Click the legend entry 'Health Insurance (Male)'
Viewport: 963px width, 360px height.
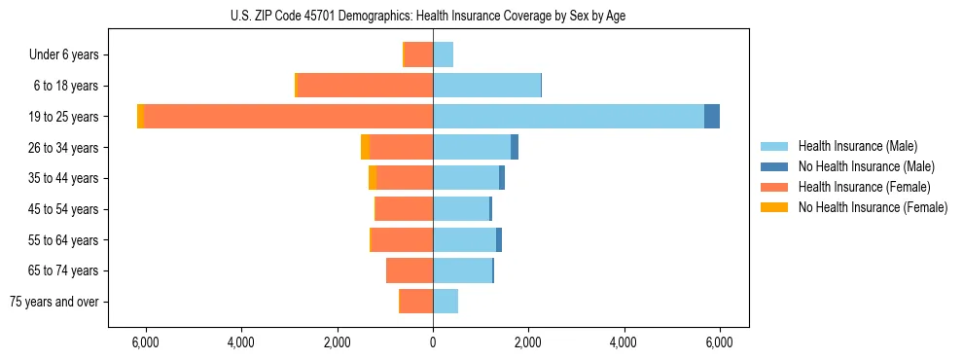[x=858, y=146]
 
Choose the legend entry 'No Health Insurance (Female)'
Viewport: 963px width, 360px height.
[x=873, y=207]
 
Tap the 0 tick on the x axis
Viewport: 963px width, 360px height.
[x=433, y=342]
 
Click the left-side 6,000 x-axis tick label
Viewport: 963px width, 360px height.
[x=145, y=342]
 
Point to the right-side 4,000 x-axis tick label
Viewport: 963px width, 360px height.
[x=624, y=342]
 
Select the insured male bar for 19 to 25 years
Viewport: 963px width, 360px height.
[x=568, y=117]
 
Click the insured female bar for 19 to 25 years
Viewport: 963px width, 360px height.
[x=289, y=117]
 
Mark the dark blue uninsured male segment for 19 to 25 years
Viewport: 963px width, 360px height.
[x=712, y=117]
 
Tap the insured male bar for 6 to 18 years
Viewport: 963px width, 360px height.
[x=486, y=86]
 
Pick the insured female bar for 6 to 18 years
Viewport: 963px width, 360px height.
[x=365, y=86]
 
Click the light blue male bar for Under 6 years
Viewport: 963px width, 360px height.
[x=444, y=54]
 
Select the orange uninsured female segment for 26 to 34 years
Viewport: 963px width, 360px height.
[x=365, y=147]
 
